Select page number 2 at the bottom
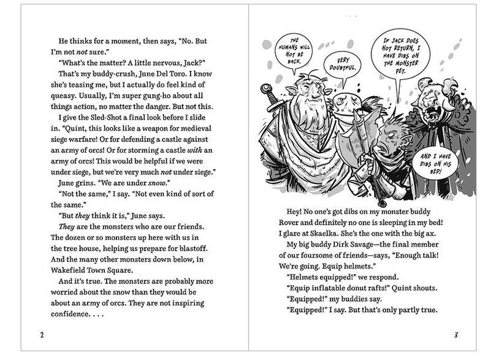pos(41,334)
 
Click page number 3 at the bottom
pos(456,334)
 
